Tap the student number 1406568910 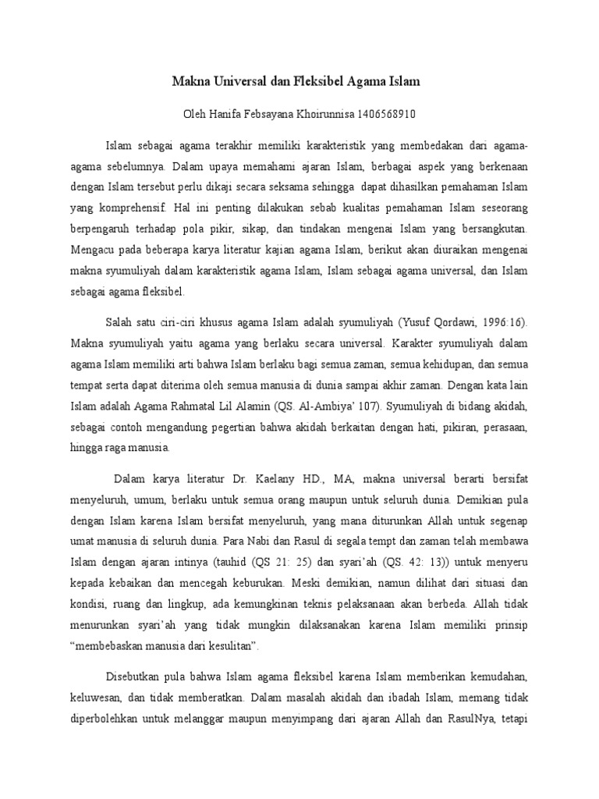[x=387, y=114]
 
